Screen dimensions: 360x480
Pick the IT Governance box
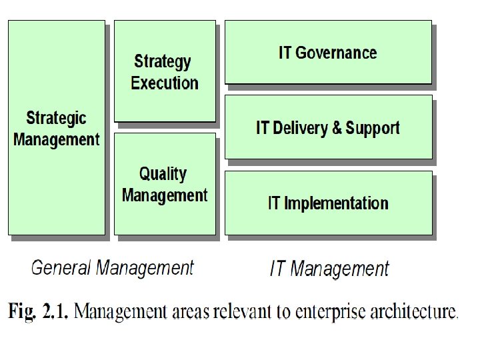pyautogui.click(x=328, y=52)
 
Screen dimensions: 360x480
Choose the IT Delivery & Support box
pyautogui.click(x=328, y=127)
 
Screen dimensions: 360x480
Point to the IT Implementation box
pyautogui.click(x=328, y=203)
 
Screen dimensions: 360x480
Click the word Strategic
pyautogui.click(x=56, y=119)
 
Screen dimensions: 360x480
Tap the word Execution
pyautogui.click(x=165, y=83)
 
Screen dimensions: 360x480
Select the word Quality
pyautogui.click(x=163, y=174)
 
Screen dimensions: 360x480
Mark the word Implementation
pyautogui.click(x=336, y=203)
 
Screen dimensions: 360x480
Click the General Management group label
pyautogui.click(x=113, y=268)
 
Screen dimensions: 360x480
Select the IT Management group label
pyautogui.click(x=329, y=269)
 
